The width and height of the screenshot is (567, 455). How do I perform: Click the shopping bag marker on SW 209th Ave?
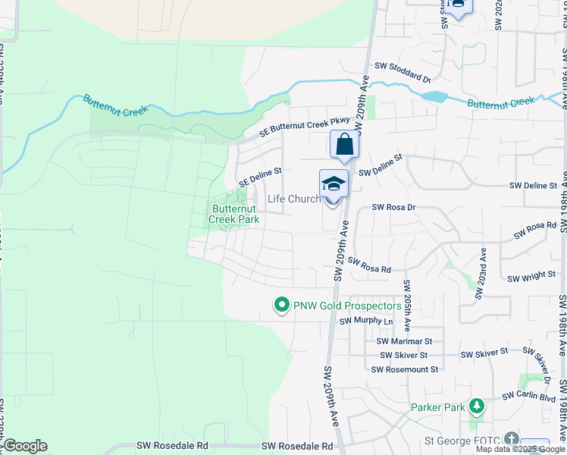tap(344, 144)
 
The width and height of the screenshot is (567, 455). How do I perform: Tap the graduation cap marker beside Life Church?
tap(333, 184)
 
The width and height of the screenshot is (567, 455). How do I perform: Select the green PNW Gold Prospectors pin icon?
tap(281, 306)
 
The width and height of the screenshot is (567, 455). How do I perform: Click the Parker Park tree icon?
tap(476, 407)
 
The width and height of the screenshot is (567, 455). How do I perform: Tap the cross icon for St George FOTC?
tap(512, 439)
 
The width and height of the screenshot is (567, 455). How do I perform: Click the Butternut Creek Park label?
tap(236, 214)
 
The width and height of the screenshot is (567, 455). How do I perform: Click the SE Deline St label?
tap(260, 177)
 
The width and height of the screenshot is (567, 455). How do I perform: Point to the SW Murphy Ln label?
tap(367, 322)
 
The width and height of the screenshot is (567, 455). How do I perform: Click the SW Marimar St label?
tap(404, 342)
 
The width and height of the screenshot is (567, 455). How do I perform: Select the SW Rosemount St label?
tap(405, 369)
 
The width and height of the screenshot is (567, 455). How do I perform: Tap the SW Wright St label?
tap(531, 277)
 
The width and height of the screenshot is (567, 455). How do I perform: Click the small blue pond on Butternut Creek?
tap(434, 96)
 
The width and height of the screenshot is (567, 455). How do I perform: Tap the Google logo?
tap(25, 446)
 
